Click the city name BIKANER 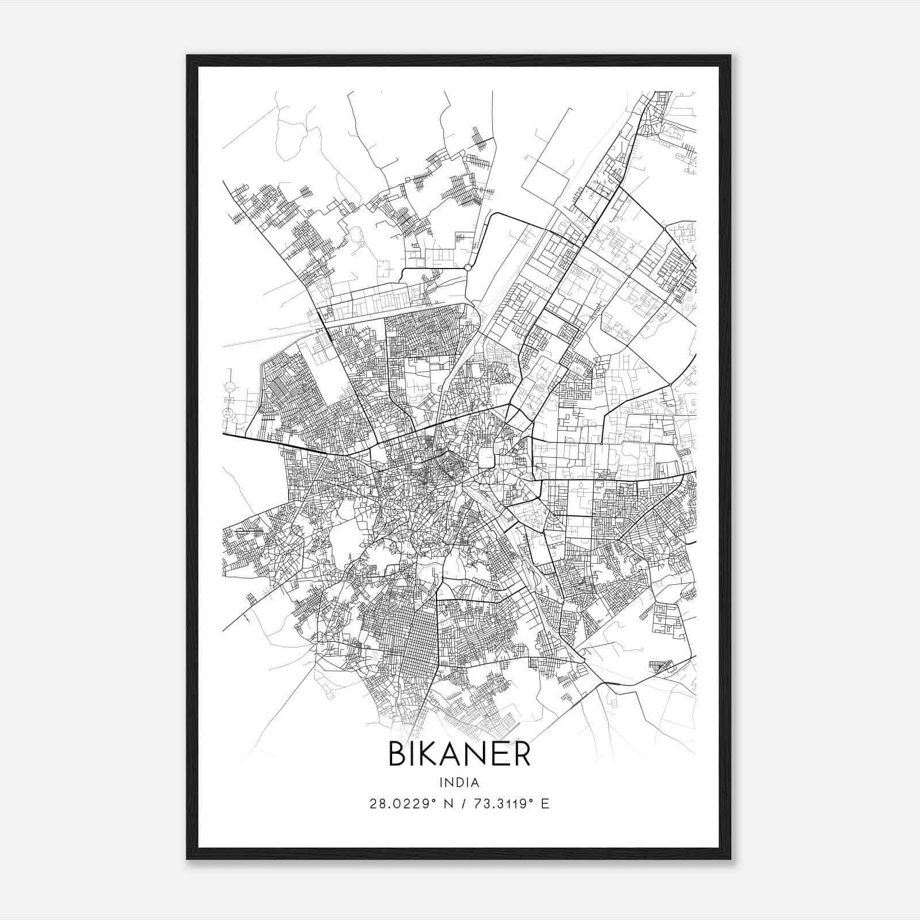coord(459,754)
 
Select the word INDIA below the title coord(459,783)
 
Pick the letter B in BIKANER coord(398,754)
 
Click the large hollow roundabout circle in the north coord(467,267)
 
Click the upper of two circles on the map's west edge coord(230,387)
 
